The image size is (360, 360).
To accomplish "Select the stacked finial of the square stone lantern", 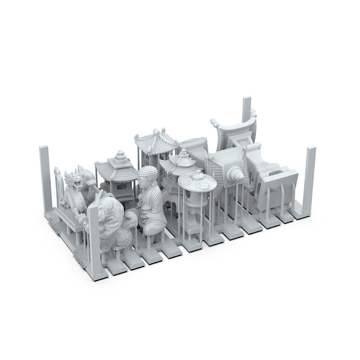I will (x=120, y=156).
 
